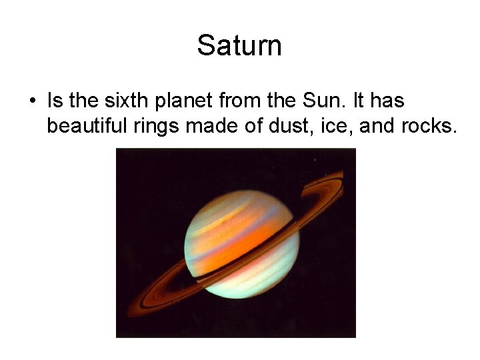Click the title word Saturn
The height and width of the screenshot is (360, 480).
pos(239,46)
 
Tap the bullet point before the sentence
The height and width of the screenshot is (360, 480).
pos(32,102)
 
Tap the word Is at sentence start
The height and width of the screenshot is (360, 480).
pos(55,101)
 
